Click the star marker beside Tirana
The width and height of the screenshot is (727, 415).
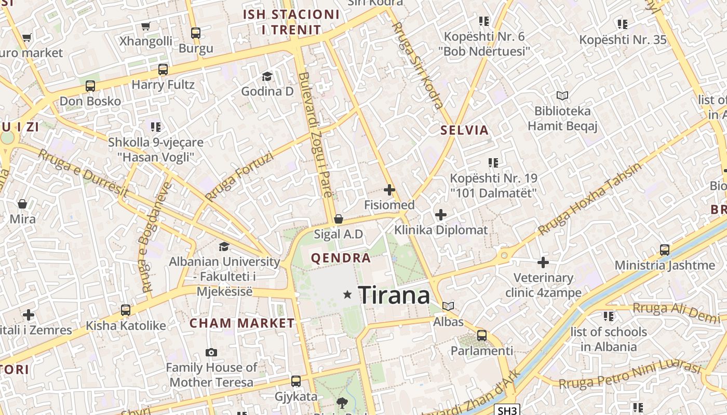point(347,295)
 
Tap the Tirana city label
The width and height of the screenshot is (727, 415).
point(394,295)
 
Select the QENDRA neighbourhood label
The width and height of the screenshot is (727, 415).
point(341,258)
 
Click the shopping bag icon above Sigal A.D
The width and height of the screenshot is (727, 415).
point(339,219)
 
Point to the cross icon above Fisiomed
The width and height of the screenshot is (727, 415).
point(389,190)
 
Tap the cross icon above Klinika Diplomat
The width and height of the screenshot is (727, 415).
point(440,214)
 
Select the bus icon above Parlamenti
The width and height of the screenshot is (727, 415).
point(482,336)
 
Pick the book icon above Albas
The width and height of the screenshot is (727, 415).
point(448,306)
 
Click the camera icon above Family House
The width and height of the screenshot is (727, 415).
point(211,353)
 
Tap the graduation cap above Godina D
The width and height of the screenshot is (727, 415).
point(267,76)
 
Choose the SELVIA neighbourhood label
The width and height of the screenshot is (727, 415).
point(465,130)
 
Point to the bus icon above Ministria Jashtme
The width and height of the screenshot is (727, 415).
point(665,250)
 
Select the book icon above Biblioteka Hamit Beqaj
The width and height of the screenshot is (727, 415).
point(562,95)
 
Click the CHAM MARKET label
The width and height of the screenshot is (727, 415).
point(242,323)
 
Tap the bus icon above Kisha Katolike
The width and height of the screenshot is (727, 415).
point(126,310)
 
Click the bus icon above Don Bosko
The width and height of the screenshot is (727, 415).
point(90,86)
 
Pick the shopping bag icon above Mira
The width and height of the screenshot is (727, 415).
point(22,204)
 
